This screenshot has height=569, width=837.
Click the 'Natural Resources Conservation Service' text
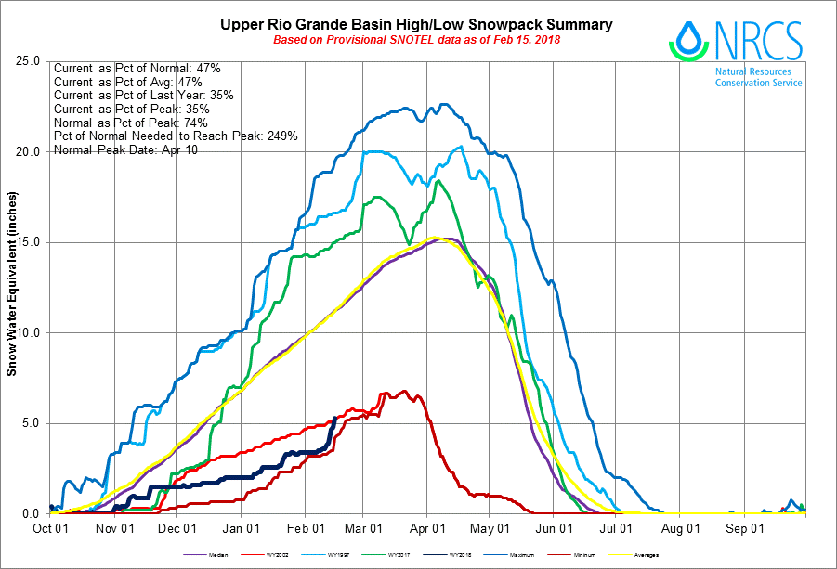coord(758,77)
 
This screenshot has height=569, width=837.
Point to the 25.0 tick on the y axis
coord(29,62)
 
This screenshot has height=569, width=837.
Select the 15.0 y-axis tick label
coord(29,242)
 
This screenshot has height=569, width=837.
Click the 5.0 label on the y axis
coord(32,423)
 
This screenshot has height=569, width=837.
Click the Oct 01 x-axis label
coord(49,529)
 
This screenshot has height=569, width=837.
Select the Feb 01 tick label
coord(305,529)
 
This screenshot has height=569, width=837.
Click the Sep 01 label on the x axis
coord(745,529)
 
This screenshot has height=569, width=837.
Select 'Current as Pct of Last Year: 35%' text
coord(143,95)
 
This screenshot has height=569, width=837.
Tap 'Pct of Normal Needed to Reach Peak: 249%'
coord(176,136)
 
